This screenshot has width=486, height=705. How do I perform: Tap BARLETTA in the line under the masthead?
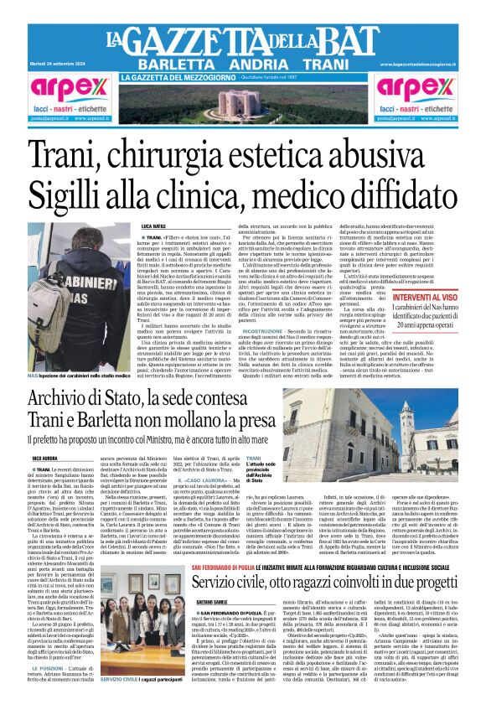point(174,65)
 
